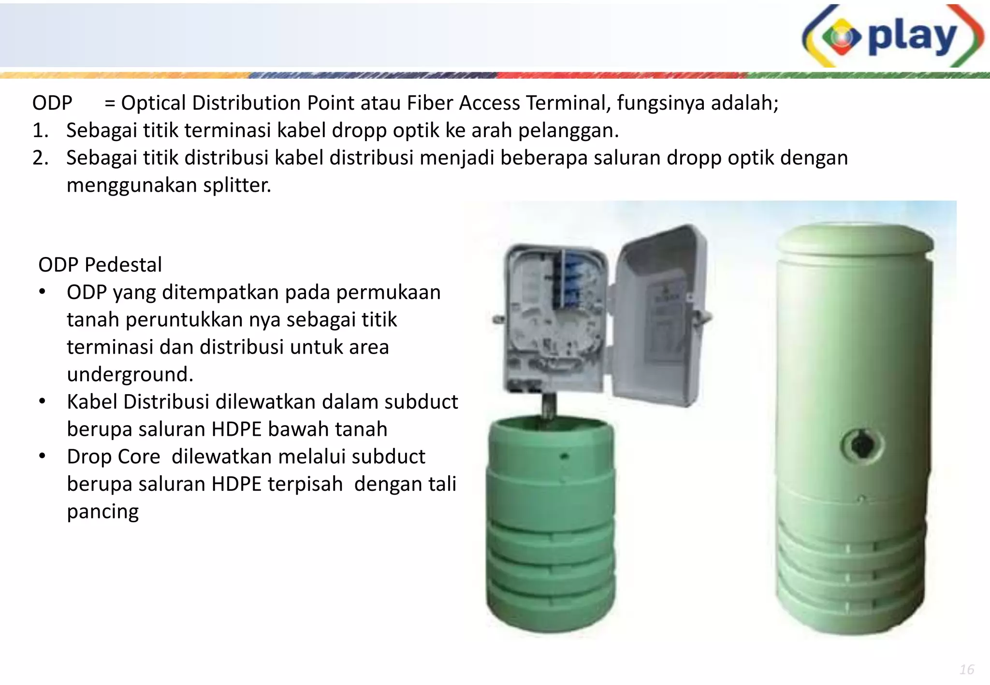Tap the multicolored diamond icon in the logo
[x=842, y=37]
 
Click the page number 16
[x=967, y=670]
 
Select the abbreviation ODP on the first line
[x=52, y=103]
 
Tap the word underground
[x=130, y=374]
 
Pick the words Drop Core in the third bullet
[x=114, y=457]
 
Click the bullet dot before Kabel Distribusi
[x=43, y=401]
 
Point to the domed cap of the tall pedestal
[x=856, y=239]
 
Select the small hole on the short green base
[x=564, y=456]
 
